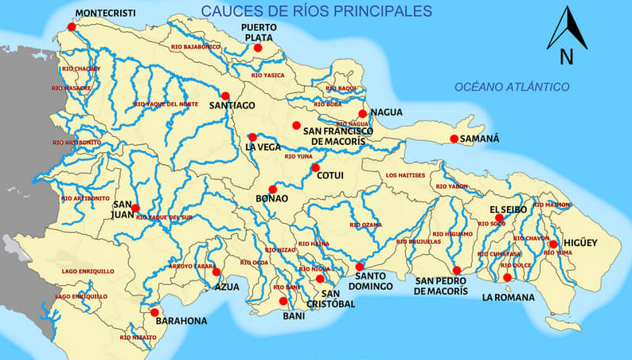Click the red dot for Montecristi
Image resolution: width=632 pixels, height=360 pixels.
click(x=72, y=26)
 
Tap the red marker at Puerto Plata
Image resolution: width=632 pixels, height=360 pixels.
click(x=258, y=48)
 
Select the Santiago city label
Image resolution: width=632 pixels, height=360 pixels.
click(x=232, y=105)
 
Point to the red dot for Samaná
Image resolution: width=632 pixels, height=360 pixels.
click(x=454, y=139)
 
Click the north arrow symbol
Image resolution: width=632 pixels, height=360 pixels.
click(x=567, y=36)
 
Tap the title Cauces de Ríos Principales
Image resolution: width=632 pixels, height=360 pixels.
click(x=316, y=11)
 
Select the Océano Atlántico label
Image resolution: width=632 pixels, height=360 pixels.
click(x=512, y=87)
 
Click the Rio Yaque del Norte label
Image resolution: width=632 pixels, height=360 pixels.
click(x=166, y=104)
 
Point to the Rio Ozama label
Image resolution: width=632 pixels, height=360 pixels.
click(x=366, y=225)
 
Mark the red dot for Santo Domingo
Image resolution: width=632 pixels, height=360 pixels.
click(x=360, y=267)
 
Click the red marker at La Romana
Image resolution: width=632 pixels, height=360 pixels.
click(x=507, y=277)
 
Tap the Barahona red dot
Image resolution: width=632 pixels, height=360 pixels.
click(x=154, y=312)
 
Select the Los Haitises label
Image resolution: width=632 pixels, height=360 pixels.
click(x=406, y=175)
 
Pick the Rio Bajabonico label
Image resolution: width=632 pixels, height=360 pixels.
click(x=195, y=47)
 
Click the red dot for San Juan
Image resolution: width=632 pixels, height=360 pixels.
click(x=135, y=208)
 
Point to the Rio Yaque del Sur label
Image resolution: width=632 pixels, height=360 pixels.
click(x=164, y=217)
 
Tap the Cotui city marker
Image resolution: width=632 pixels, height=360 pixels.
click(x=315, y=167)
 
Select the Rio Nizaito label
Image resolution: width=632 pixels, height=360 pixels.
click(x=138, y=338)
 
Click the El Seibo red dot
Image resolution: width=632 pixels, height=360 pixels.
click(x=499, y=217)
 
